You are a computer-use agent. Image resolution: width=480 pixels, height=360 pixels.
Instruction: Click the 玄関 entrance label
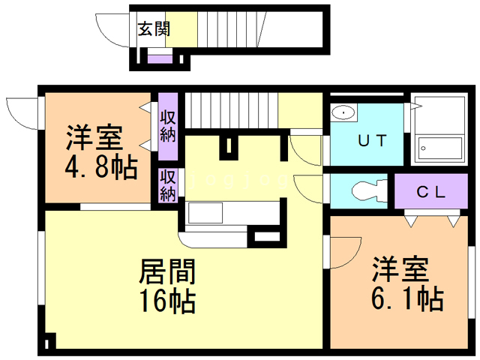click(153, 29)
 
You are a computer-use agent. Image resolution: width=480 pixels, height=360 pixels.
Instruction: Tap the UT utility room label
click(373, 139)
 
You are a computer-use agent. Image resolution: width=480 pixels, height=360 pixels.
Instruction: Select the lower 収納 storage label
click(167, 185)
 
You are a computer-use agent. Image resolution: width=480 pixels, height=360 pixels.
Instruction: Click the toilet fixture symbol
click(365, 190)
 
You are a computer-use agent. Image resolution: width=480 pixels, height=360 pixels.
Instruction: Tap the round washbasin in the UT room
click(343, 112)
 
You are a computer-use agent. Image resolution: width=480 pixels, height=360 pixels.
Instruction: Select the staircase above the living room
click(231, 110)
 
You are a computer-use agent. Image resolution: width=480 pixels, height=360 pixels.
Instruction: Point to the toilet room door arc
click(309, 187)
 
